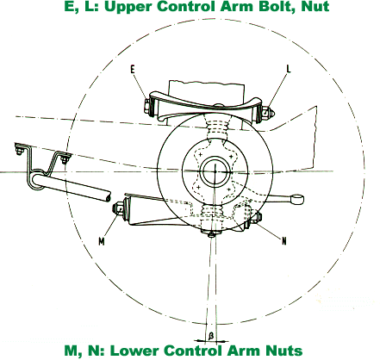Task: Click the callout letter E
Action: (133, 69)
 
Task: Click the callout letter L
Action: (289, 68)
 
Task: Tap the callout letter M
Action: (102, 242)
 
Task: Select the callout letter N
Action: (284, 241)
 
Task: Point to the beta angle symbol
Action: (211, 335)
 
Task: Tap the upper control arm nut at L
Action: (270, 113)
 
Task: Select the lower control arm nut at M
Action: (118, 208)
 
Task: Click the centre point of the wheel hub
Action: (215, 171)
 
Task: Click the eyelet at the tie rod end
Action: (297, 199)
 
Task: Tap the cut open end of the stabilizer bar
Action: (108, 197)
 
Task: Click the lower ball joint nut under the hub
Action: (212, 235)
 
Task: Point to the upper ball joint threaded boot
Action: (216, 128)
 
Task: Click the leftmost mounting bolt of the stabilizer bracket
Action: (19, 151)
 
